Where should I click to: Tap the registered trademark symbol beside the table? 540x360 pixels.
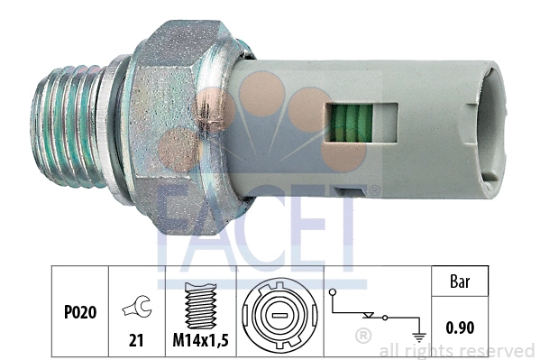[x=362, y=337]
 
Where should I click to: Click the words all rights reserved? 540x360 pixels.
[x=456, y=350]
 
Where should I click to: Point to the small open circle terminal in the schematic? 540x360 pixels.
[x=333, y=294]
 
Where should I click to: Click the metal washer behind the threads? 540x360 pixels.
[x=112, y=126]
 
